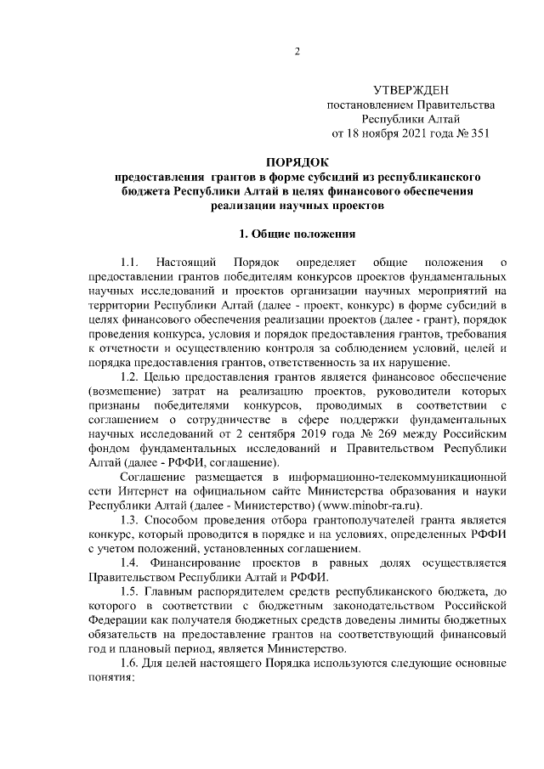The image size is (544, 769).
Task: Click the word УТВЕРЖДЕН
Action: [x=411, y=90]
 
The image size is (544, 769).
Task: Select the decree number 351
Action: [x=479, y=133]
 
